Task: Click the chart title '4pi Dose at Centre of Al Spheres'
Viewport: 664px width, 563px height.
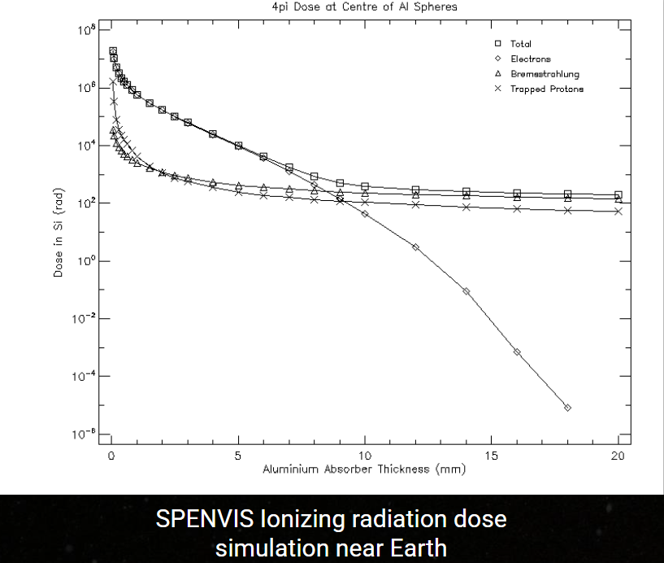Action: [x=364, y=8]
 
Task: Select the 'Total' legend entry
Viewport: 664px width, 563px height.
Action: [x=521, y=43]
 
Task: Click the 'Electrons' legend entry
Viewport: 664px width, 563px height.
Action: [x=530, y=59]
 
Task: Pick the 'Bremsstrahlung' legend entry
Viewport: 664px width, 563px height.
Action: [x=545, y=74]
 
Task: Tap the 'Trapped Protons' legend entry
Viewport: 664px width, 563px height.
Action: [x=546, y=89]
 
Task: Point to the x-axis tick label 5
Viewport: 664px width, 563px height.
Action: [x=238, y=456]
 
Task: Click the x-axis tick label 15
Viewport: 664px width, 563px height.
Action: [x=491, y=456]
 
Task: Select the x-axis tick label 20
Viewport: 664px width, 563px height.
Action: [x=618, y=456]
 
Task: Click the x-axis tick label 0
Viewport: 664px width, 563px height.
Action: [x=111, y=456]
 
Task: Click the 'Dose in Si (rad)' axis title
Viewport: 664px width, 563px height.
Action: [x=59, y=235]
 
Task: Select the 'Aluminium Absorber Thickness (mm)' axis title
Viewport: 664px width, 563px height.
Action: [x=363, y=470]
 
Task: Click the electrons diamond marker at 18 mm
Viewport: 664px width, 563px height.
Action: [x=567, y=408]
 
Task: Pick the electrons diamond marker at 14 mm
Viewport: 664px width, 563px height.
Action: [x=466, y=291]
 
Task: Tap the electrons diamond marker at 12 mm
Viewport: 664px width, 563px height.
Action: [x=415, y=247]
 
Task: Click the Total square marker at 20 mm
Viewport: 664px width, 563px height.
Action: [x=618, y=195]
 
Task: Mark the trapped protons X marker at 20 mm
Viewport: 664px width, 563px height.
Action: [x=618, y=212]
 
